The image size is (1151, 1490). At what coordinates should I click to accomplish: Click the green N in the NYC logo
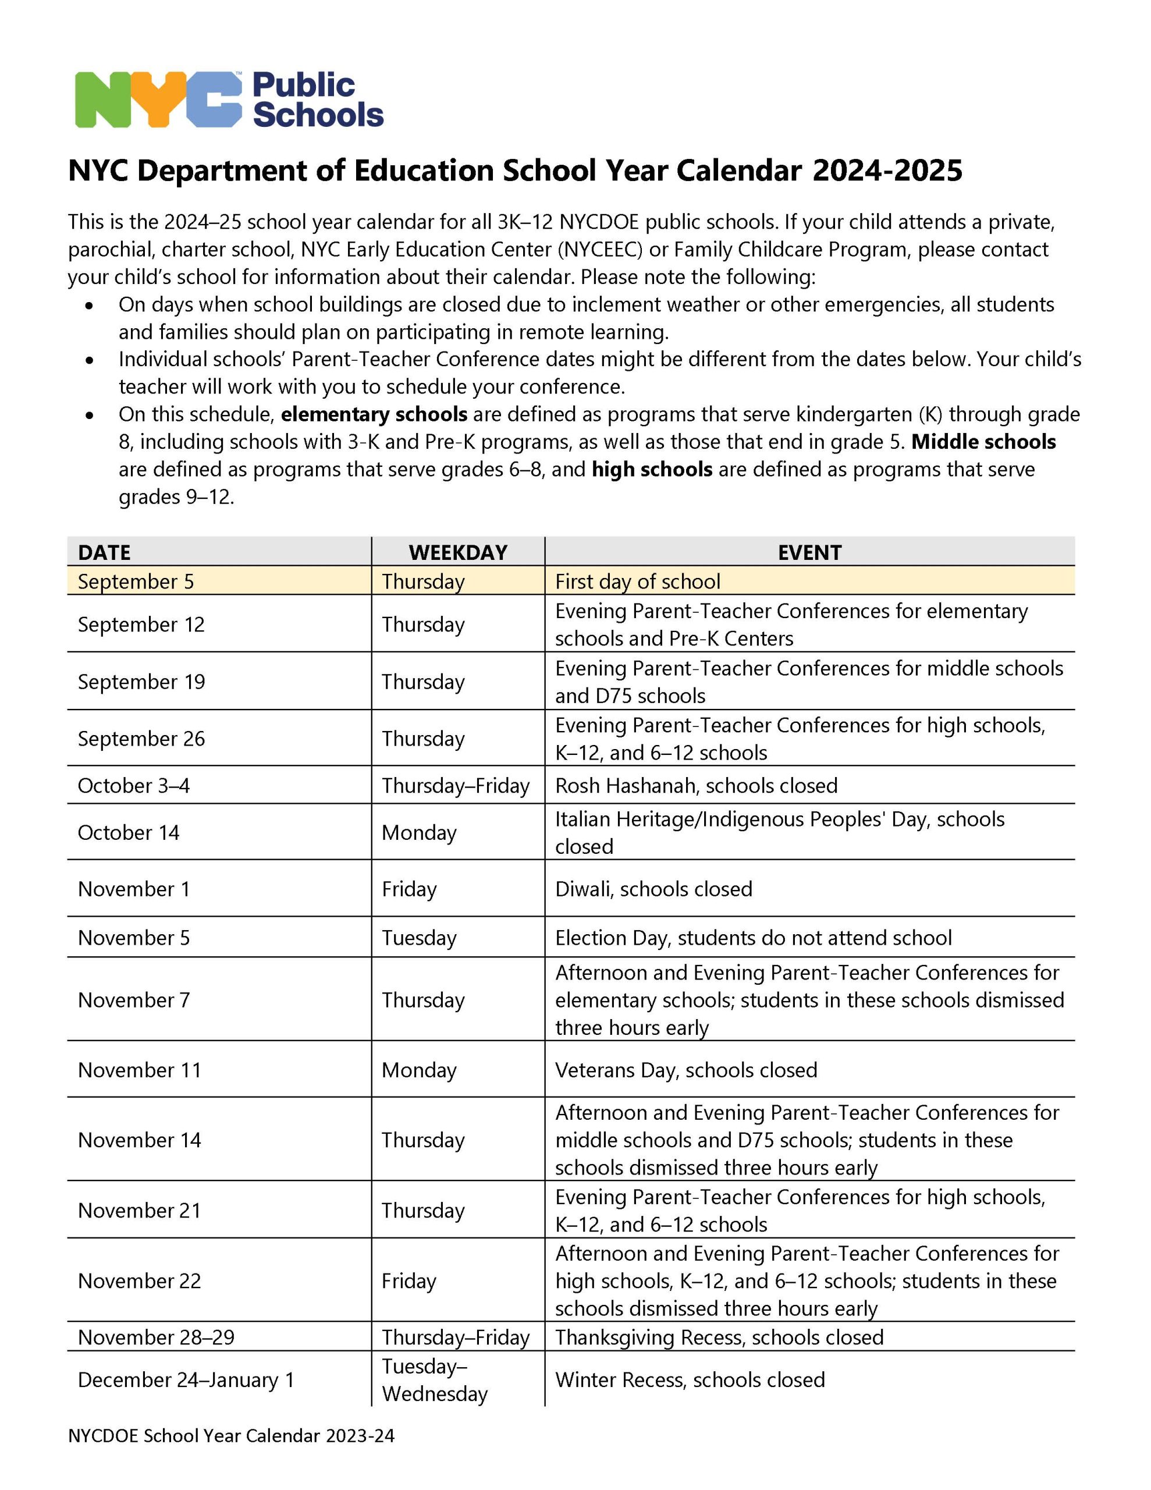pyautogui.click(x=102, y=100)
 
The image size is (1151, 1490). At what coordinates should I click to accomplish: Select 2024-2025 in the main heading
pyautogui.click(x=887, y=171)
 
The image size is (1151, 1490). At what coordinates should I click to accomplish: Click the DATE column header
pyautogui.click(x=104, y=552)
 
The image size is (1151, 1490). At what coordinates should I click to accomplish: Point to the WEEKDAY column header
pyautogui.click(x=458, y=552)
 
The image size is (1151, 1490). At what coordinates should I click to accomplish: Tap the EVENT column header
pyautogui.click(x=809, y=552)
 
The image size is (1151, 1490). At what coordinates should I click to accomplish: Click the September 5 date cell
pyautogui.click(x=136, y=581)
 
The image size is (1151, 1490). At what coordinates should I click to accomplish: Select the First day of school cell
pyautogui.click(x=637, y=581)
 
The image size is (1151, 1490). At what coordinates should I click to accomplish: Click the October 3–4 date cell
pyautogui.click(x=134, y=785)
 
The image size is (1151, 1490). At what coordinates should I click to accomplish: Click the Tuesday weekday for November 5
pyautogui.click(x=419, y=938)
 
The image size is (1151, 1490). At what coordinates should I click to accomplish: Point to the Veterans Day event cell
pyautogui.click(x=685, y=1070)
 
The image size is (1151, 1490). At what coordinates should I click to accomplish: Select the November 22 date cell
pyautogui.click(x=139, y=1280)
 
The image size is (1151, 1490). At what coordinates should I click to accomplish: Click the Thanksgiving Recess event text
pyautogui.click(x=719, y=1337)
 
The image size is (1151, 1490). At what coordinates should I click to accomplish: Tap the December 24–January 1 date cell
pyautogui.click(x=186, y=1379)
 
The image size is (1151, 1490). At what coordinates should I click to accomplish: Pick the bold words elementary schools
pyautogui.click(x=374, y=414)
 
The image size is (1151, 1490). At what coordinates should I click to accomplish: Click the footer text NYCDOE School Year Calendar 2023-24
pyautogui.click(x=231, y=1435)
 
